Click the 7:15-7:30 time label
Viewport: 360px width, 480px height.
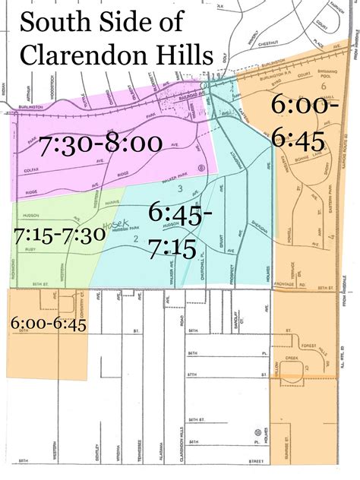tap(58, 235)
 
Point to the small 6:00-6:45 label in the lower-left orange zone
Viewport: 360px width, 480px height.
tap(48, 323)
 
